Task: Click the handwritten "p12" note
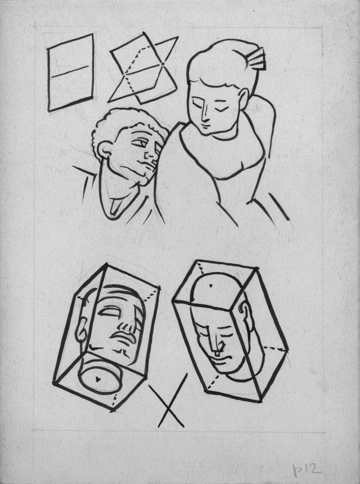click(x=306, y=470)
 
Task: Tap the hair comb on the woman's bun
click(x=256, y=59)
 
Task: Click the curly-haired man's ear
click(x=104, y=150)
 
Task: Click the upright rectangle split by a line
click(x=70, y=72)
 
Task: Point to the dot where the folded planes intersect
click(x=162, y=64)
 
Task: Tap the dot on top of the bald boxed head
click(x=210, y=286)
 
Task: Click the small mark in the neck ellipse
click(x=98, y=379)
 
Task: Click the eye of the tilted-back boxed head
click(x=109, y=312)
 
